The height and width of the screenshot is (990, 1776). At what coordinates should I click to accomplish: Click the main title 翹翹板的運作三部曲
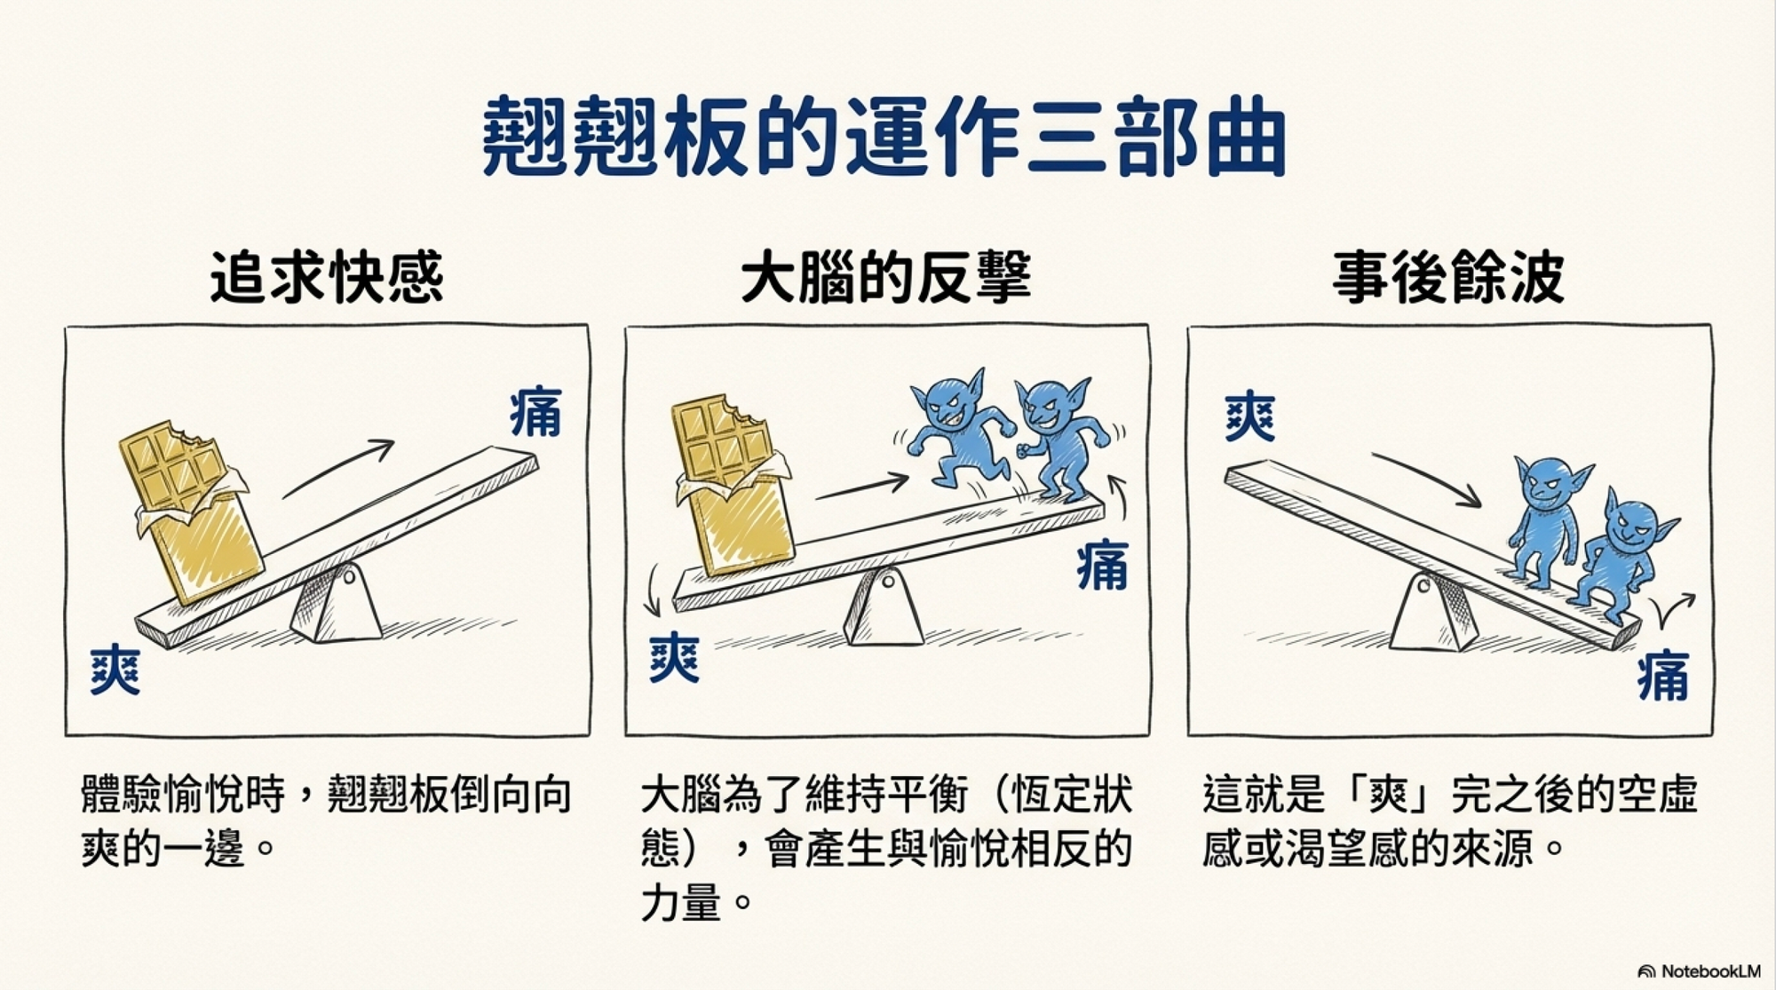tap(884, 137)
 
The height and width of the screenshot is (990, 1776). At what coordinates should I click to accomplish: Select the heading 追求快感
tap(327, 278)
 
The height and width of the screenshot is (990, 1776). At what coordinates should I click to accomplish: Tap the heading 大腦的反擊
tap(885, 277)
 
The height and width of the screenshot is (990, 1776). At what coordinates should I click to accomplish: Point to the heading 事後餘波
tap(1447, 278)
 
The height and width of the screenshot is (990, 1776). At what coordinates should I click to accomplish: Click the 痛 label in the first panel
tap(535, 412)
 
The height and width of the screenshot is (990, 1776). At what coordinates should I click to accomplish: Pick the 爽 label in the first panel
tap(115, 670)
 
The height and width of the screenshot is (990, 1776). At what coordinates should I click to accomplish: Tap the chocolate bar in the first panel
tap(190, 510)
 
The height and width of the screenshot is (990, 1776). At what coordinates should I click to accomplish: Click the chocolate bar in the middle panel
tap(734, 484)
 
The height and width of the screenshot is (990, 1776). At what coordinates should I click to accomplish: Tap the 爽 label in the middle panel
tap(674, 658)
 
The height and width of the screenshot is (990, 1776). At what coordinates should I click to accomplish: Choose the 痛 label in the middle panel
tap(1102, 566)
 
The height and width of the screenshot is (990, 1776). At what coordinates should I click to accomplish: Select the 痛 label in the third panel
tap(1663, 675)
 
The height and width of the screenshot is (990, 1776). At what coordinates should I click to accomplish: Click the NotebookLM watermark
tap(1699, 971)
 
